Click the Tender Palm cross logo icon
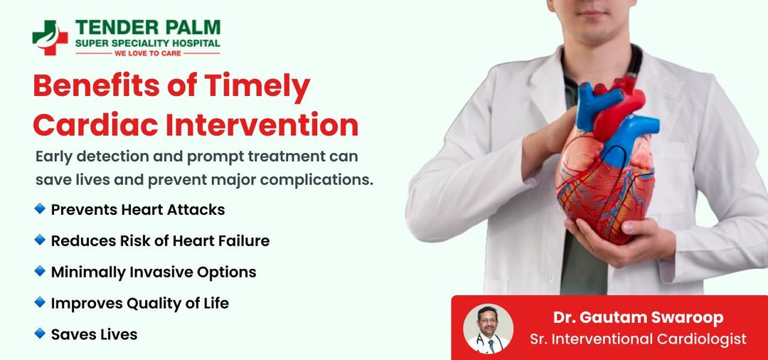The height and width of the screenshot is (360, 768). point(50,38)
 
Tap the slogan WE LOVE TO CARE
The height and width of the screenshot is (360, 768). point(148,53)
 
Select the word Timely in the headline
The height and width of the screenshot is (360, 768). point(257,85)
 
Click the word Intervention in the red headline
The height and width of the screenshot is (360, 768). point(262,125)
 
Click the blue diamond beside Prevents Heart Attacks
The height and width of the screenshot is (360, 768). point(40,209)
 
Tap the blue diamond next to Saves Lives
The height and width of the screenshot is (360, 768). point(40,334)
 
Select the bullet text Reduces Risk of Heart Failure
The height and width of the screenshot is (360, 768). point(160,240)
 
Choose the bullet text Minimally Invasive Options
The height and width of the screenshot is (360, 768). point(154,272)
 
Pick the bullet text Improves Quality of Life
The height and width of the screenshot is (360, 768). point(140,303)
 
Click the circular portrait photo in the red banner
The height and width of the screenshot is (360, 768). point(488,329)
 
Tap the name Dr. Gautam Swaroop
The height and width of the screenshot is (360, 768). point(638,317)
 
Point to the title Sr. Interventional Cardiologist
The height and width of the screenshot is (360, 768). point(638,339)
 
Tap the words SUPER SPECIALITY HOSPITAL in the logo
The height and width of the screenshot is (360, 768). point(147,43)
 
